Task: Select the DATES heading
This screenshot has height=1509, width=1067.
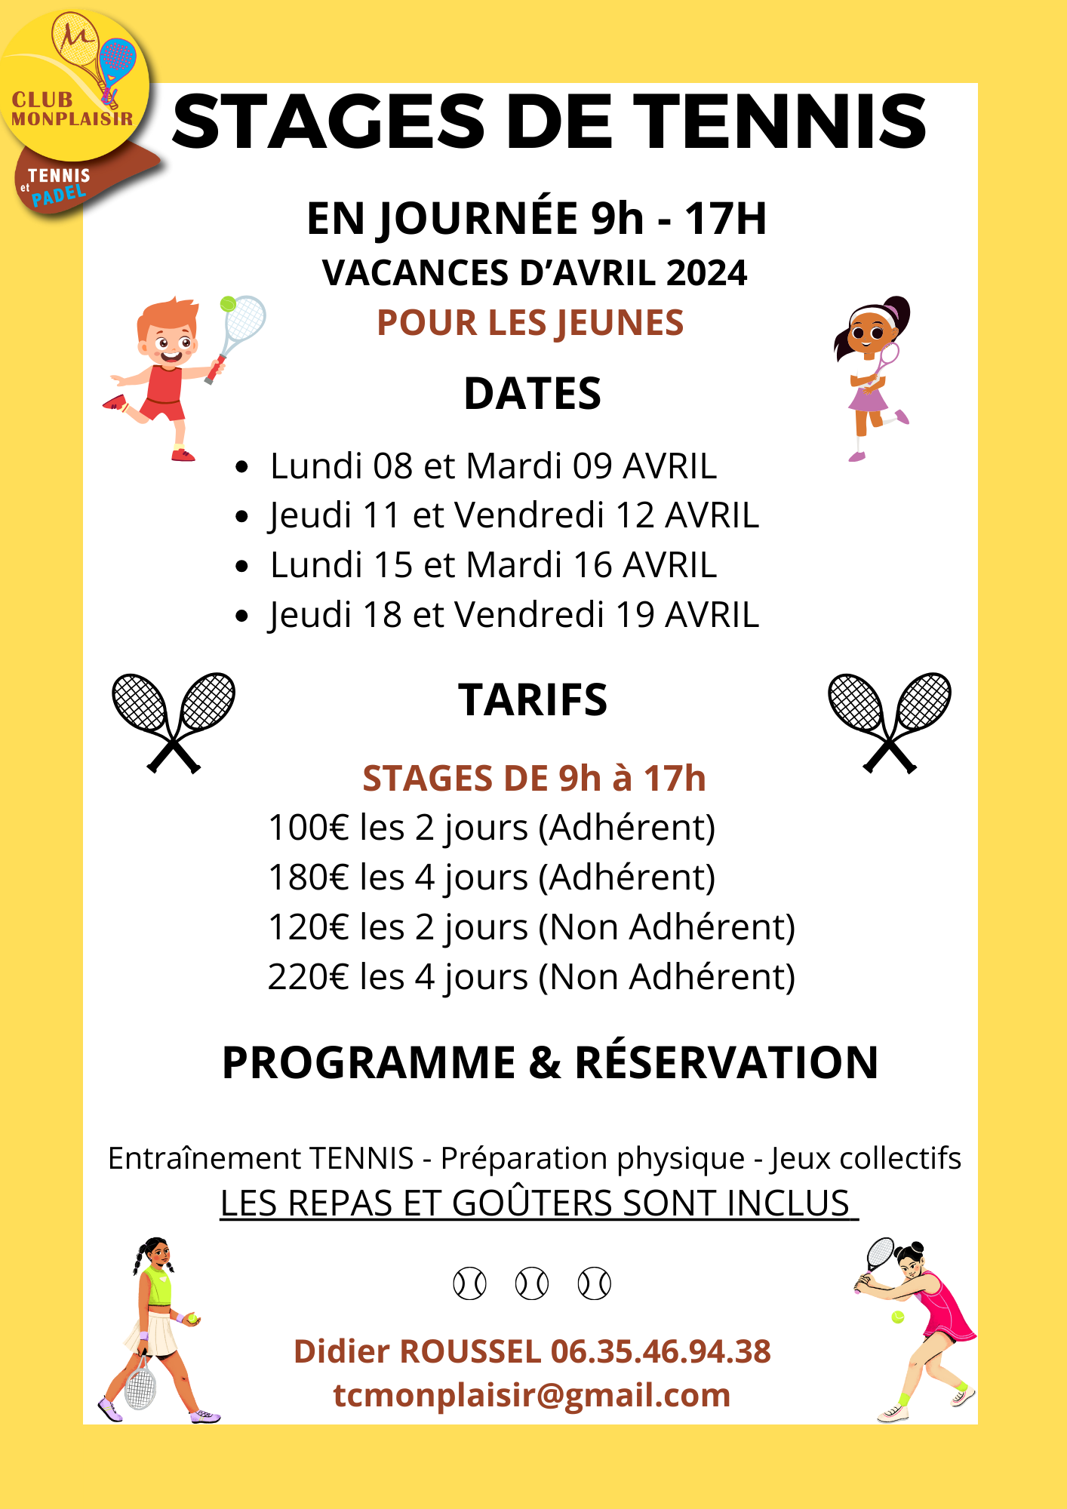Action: (x=532, y=394)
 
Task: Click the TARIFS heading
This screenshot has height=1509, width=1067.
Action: (x=533, y=700)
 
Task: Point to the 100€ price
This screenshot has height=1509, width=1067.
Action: (x=308, y=828)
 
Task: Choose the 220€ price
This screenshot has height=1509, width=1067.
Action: (x=308, y=977)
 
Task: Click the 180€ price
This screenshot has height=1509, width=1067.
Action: (x=308, y=877)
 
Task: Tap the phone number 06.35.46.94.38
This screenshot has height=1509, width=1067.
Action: (x=660, y=1351)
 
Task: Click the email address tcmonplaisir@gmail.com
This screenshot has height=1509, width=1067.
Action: (x=532, y=1395)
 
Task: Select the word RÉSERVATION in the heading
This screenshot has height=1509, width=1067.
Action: (x=727, y=1063)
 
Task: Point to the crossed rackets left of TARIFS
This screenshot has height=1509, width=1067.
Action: (x=174, y=721)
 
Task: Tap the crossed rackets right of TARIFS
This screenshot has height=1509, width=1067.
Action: (x=890, y=721)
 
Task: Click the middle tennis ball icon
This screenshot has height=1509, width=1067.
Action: (x=531, y=1283)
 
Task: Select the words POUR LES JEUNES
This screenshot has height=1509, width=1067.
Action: (x=530, y=323)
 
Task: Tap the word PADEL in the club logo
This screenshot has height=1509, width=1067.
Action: (x=59, y=195)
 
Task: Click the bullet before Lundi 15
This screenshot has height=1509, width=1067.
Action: (x=241, y=566)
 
